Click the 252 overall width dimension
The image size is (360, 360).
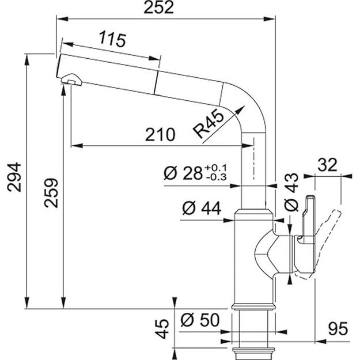click(x=158, y=7)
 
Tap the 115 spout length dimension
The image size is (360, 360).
click(x=112, y=40)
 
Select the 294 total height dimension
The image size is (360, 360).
click(x=14, y=177)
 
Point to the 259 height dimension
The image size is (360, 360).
click(x=51, y=193)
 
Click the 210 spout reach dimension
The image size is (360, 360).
click(x=160, y=135)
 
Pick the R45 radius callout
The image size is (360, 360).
click(x=208, y=123)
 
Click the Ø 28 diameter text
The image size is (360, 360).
click(x=183, y=173)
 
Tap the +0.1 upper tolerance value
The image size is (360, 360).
click(x=216, y=168)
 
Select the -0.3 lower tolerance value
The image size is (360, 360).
click(x=216, y=177)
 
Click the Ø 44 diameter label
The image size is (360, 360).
click(x=202, y=208)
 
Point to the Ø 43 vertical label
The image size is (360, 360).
click(x=291, y=192)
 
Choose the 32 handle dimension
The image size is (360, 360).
click(x=327, y=165)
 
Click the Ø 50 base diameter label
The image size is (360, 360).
click(x=200, y=320)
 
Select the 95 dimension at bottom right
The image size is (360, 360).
click(x=338, y=329)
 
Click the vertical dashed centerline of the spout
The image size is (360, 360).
click(x=253, y=158)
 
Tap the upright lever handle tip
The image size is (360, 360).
click(x=310, y=197)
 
